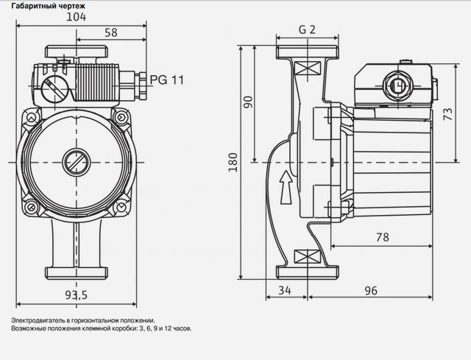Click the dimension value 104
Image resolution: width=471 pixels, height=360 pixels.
[76, 17]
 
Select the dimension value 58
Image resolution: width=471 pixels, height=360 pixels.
[111, 32]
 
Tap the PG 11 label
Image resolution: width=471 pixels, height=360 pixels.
[167, 80]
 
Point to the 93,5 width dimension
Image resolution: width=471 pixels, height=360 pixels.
[77, 295]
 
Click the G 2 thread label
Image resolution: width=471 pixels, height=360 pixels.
[307, 29]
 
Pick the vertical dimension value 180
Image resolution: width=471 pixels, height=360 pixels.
[233, 162]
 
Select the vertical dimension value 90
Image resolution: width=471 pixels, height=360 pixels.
[249, 102]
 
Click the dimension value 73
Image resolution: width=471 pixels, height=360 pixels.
[448, 114]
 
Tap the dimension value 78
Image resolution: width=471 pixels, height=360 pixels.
[383, 237]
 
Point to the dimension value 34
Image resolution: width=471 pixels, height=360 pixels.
[285, 290]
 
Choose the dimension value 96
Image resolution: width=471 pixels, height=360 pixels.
[371, 291]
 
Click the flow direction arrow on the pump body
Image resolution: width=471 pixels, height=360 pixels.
[286, 188]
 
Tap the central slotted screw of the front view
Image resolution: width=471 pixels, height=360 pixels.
[77, 162]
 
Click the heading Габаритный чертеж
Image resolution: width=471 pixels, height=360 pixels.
[49, 6]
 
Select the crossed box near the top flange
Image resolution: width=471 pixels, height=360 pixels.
[308, 68]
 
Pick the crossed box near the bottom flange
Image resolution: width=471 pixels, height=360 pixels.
[307, 256]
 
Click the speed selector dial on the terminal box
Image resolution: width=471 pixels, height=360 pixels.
[54, 89]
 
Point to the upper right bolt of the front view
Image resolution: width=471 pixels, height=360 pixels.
[121, 117]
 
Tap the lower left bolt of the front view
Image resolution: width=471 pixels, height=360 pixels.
[31, 207]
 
